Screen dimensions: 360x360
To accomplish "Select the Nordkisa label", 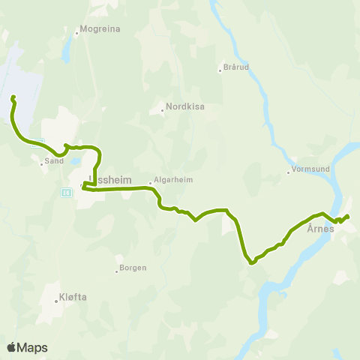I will click(185, 106).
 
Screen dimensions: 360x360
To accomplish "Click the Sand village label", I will click(53, 160).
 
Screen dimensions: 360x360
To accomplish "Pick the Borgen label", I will click(133, 267).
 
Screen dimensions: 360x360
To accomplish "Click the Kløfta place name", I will click(73, 296).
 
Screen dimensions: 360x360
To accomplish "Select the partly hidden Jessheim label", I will click(109, 180).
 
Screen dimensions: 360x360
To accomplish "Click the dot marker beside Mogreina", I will click(77, 32).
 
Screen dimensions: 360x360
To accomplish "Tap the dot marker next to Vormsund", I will click(288, 172).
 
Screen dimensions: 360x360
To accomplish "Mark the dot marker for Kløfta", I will click(56, 301).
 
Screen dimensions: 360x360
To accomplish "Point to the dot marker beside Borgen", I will click(117, 270).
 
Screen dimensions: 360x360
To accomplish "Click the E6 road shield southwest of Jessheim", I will click(66, 192).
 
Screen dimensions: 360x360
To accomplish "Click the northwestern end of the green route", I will click(12, 97).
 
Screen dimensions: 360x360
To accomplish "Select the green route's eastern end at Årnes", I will click(349, 217).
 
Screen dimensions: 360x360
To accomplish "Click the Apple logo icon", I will click(11, 347).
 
